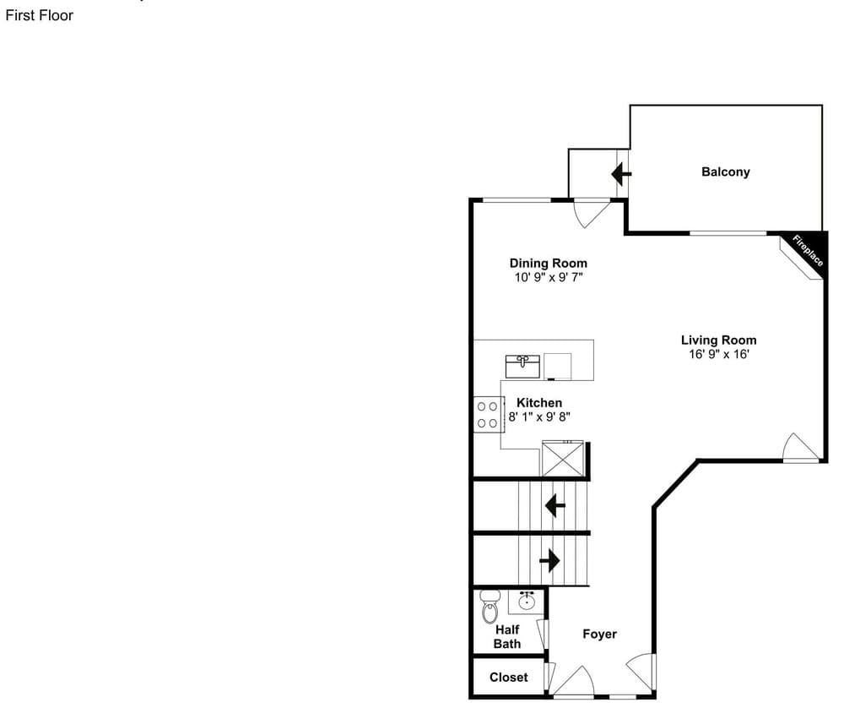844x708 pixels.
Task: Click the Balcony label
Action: click(x=725, y=172)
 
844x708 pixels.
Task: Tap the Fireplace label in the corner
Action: click(x=808, y=251)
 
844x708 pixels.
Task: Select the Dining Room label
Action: click(x=548, y=263)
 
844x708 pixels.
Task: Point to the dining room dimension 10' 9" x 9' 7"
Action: click(x=549, y=277)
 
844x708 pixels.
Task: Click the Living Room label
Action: click(x=718, y=340)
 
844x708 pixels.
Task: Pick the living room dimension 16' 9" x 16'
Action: click(x=718, y=354)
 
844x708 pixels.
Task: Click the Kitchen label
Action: click(x=538, y=402)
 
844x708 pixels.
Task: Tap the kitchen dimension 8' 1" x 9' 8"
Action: click(x=538, y=417)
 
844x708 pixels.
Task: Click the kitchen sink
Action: click(x=522, y=367)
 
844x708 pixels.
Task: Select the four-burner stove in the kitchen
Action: click(x=489, y=414)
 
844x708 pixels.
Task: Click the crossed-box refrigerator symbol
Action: click(x=562, y=459)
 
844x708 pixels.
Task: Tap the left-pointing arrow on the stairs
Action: click(x=555, y=506)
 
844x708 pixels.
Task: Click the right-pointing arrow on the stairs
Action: click(x=549, y=560)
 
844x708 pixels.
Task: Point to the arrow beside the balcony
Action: click(x=621, y=174)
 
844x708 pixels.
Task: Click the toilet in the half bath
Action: click(x=490, y=606)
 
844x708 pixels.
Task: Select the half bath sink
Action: click(x=526, y=601)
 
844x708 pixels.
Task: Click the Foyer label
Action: click(x=599, y=634)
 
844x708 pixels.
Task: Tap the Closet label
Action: click(x=509, y=678)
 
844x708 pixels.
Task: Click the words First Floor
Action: click(x=40, y=15)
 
